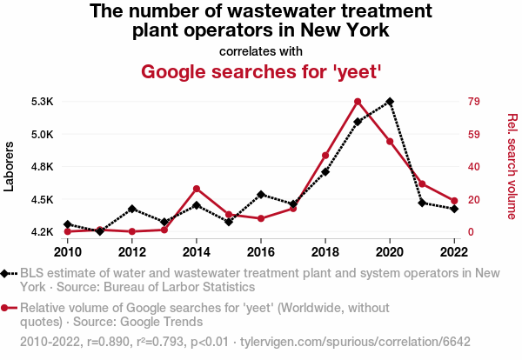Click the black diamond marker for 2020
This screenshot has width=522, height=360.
pyautogui.click(x=390, y=101)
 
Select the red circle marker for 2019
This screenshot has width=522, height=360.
pyautogui.click(x=358, y=102)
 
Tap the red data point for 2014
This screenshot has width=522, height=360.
pyautogui.click(x=197, y=189)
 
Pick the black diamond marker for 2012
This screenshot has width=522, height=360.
pyautogui.click(x=132, y=209)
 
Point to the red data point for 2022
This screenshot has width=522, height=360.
pyautogui.click(x=454, y=201)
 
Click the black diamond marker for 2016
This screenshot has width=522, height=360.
pyautogui.click(x=261, y=195)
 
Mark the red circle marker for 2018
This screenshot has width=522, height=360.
pyautogui.click(x=325, y=156)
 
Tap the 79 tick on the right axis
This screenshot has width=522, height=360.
pyautogui.click(x=474, y=102)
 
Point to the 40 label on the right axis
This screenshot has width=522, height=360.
pyautogui.click(x=474, y=167)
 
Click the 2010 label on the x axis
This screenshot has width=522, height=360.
pyautogui.click(x=68, y=252)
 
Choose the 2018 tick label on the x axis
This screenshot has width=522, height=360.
pyautogui.click(x=325, y=252)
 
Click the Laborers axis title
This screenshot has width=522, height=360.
pyautogui.click(x=10, y=166)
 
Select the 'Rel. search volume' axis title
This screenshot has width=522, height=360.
pyautogui.click(x=512, y=166)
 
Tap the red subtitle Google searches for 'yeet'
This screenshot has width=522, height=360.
pyautogui.click(x=261, y=71)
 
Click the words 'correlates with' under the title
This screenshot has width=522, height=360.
pyautogui.click(x=261, y=50)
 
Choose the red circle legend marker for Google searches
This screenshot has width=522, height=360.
pyautogui.click(x=7, y=308)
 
